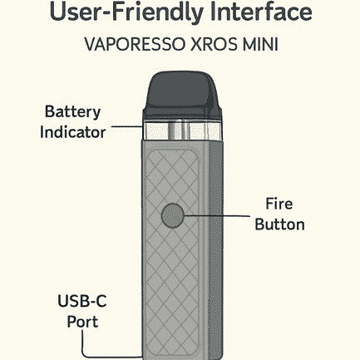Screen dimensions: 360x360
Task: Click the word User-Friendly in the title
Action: (126, 13)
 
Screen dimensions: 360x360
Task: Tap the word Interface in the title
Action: (261, 12)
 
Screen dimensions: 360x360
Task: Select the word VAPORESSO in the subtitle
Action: (136, 44)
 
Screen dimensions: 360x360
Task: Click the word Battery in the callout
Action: (72, 112)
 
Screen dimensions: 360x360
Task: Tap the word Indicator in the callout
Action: (73, 132)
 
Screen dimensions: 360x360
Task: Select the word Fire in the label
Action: (279, 204)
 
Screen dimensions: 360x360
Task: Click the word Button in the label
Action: (279, 224)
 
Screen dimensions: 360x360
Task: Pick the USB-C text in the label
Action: (82, 301)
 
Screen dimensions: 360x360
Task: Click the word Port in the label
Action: (82, 322)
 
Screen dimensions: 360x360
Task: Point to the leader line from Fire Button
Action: (217, 215)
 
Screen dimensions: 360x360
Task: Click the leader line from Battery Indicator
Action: (127, 126)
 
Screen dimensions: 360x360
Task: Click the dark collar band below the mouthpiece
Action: (183, 115)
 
